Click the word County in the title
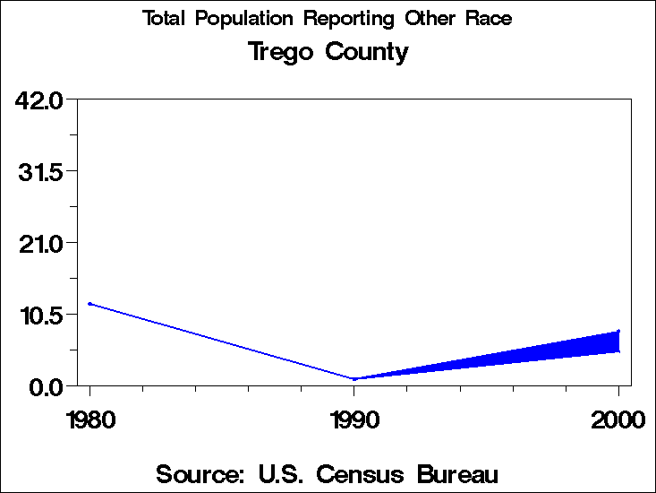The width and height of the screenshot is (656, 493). click(x=367, y=52)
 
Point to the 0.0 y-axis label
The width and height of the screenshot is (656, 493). click(x=46, y=386)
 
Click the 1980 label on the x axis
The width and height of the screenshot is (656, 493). click(x=89, y=419)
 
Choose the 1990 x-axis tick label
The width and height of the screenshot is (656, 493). click(x=354, y=419)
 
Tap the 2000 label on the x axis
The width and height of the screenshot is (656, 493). click(x=618, y=419)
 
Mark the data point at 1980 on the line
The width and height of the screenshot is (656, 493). click(x=89, y=304)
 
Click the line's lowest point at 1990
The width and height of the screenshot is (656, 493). click(x=354, y=379)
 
